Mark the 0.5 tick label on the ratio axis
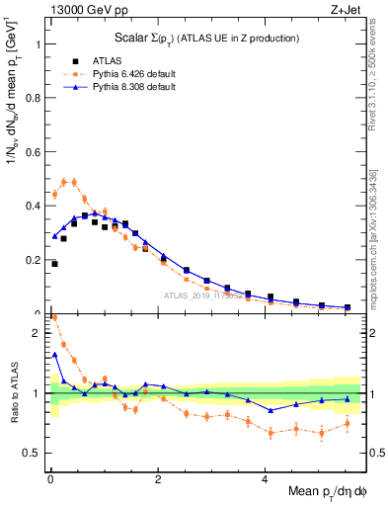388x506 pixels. click(x=32, y=454)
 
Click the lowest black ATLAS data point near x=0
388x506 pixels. click(x=54, y=264)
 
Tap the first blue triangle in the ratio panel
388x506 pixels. click(x=54, y=355)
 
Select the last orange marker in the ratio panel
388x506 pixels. click(x=347, y=424)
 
